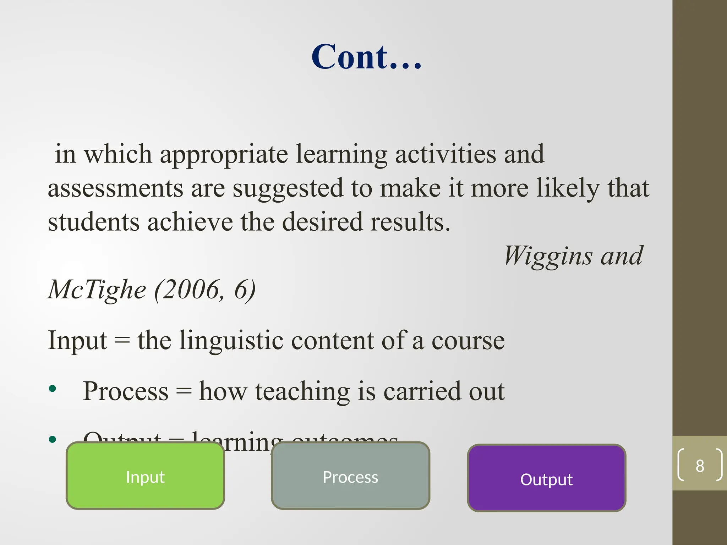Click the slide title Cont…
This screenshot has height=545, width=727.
(x=366, y=57)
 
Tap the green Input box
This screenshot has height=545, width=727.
(x=145, y=476)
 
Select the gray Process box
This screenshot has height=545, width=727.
(x=350, y=476)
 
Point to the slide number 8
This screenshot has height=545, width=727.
(x=700, y=466)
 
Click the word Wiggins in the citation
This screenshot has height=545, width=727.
(x=548, y=256)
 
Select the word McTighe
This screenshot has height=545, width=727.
(x=97, y=290)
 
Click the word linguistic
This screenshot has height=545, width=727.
(x=231, y=341)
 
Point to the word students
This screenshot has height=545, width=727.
(x=93, y=222)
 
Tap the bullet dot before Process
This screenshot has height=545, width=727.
(x=53, y=389)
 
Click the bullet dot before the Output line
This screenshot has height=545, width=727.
(x=53, y=440)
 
